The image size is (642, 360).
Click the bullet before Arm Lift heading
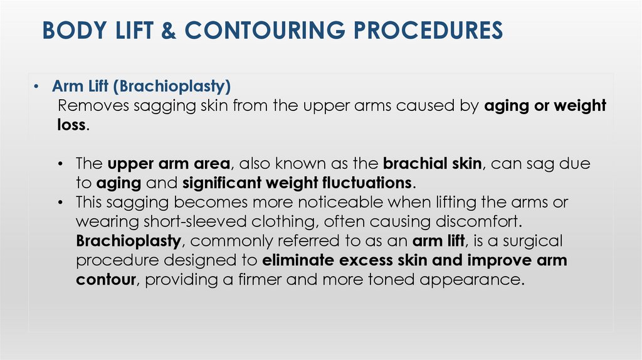coord(38,87)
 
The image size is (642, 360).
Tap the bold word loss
coord(67,124)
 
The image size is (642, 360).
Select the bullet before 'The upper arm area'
coord(61,164)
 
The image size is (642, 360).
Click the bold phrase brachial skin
coord(432,164)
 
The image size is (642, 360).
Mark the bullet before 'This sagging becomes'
coord(61,203)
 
